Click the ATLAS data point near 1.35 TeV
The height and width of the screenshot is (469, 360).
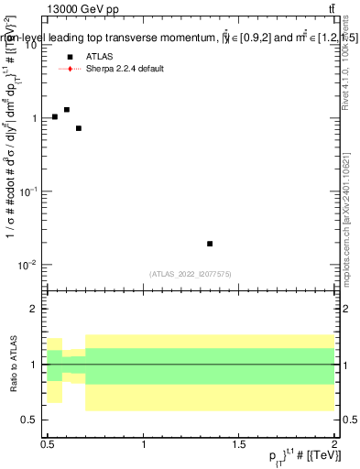pyautogui.click(x=210, y=244)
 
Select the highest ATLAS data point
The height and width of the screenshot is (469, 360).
pyautogui.click(x=67, y=110)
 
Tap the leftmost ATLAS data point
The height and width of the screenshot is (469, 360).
pyautogui.click(x=55, y=116)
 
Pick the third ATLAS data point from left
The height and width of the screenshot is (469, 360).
pyautogui.click(x=79, y=128)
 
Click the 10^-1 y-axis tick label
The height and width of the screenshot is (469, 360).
pyautogui.click(x=30, y=191)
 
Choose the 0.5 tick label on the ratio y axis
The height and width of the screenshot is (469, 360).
pyautogui.click(x=33, y=420)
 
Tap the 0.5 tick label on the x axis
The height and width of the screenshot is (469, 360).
pyautogui.click(x=48, y=444)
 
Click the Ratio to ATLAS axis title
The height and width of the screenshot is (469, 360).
pyautogui.click(x=13, y=364)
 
